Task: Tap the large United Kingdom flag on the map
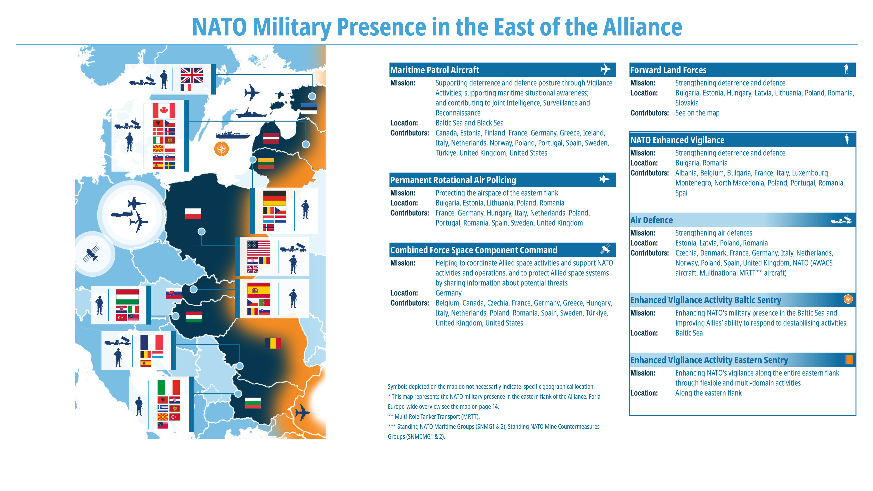pos(192,75)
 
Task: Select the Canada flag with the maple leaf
pos(164,110)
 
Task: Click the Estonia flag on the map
pos(309,108)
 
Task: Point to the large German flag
pos(274,198)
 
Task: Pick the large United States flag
pos(258,248)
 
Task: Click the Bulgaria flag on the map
pos(253,403)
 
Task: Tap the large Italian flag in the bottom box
pos(169,387)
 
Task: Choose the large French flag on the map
pos(152,342)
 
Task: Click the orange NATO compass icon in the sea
pos(221,149)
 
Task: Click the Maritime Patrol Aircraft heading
pos(434,70)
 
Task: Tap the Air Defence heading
pos(651,220)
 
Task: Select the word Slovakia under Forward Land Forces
pos(687,103)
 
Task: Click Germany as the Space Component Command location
pos(448,293)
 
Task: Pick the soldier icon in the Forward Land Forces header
pos(846,69)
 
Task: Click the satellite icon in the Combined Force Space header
pos(605,249)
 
